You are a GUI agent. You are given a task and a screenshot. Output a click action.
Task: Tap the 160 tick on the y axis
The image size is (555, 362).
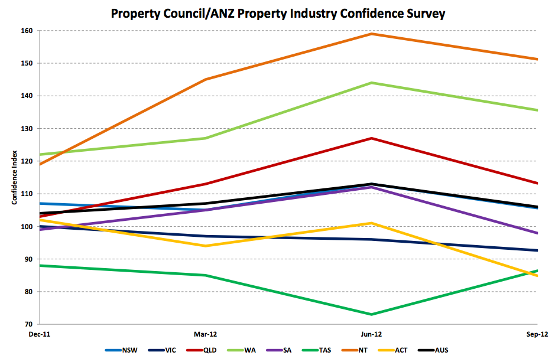27,31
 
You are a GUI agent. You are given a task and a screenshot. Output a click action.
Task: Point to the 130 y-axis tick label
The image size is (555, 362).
27,129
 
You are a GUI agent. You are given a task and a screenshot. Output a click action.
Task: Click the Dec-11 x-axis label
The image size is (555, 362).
40,334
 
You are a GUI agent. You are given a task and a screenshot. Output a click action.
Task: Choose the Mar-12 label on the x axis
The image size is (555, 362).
205,334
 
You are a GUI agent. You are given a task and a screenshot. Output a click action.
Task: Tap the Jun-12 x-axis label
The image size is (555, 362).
371,334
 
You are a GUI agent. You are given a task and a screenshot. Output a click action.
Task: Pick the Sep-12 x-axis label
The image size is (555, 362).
535,334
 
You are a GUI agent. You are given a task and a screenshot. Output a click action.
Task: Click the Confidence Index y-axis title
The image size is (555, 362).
14,177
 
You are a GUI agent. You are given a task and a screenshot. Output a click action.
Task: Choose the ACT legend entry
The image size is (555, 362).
407,350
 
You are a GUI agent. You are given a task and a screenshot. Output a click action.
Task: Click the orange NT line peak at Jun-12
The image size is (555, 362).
371,34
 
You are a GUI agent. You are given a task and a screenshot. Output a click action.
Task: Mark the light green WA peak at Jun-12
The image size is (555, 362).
371,83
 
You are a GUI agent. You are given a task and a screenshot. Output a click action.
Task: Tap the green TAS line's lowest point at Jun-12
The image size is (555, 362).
371,314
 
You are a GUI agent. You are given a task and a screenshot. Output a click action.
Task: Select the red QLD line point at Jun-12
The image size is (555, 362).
371,138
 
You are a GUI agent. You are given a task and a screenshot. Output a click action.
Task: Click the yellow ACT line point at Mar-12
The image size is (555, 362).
205,246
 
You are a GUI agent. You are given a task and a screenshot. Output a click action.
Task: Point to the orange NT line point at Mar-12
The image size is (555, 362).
205,79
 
